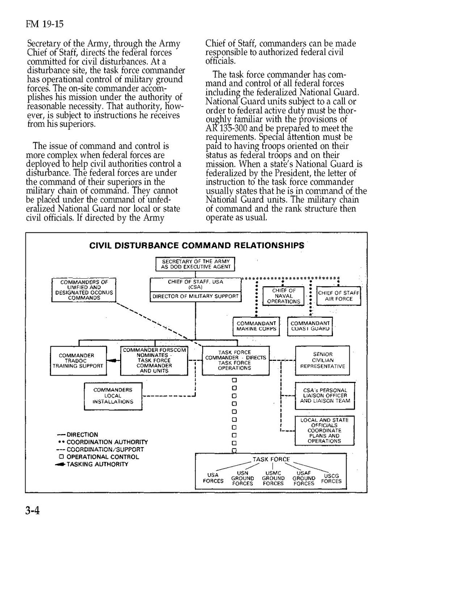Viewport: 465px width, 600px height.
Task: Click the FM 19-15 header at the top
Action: coord(45,24)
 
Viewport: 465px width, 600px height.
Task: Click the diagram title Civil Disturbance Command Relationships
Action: coord(196,246)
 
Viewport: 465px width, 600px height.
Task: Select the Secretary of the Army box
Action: coord(196,264)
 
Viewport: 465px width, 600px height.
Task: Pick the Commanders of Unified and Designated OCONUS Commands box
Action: coord(84,290)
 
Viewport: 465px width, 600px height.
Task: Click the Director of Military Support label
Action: coord(195,297)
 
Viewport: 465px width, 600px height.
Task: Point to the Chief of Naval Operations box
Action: coord(284,296)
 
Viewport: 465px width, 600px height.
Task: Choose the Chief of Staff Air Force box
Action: coord(338,296)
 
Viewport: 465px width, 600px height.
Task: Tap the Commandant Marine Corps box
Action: coord(256,326)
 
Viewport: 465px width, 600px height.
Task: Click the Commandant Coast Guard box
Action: coord(310,326)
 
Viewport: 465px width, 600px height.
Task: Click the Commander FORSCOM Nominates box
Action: coord(154,360)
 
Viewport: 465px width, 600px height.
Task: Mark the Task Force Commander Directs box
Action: coord(235,360)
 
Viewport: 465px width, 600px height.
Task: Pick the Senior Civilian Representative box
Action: coord(322,360)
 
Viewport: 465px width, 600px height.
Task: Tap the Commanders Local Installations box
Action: coord(113,396)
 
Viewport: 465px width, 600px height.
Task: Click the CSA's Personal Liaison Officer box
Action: coord(325,395)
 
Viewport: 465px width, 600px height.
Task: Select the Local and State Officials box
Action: coord(324,431)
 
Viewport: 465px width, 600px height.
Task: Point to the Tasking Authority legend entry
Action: coord(97,464)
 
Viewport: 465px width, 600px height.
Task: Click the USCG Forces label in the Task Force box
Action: coord(331,479)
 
